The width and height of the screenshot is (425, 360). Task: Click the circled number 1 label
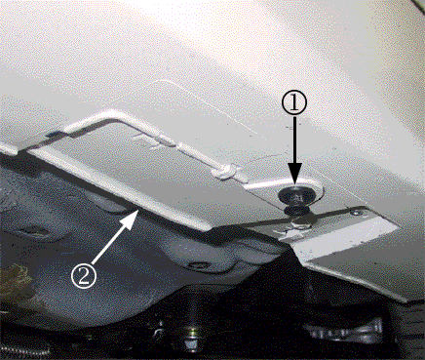click(x=293, y=102)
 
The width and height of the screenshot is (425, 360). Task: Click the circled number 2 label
click(x=84, y=276)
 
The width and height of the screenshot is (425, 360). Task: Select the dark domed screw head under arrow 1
click(x=296, y=196)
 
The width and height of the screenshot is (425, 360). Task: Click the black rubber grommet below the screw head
click(x=296, y=211)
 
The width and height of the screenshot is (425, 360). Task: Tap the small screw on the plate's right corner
click(x=357, y=213)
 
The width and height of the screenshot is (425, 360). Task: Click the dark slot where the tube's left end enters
click(x=53, y=134)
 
